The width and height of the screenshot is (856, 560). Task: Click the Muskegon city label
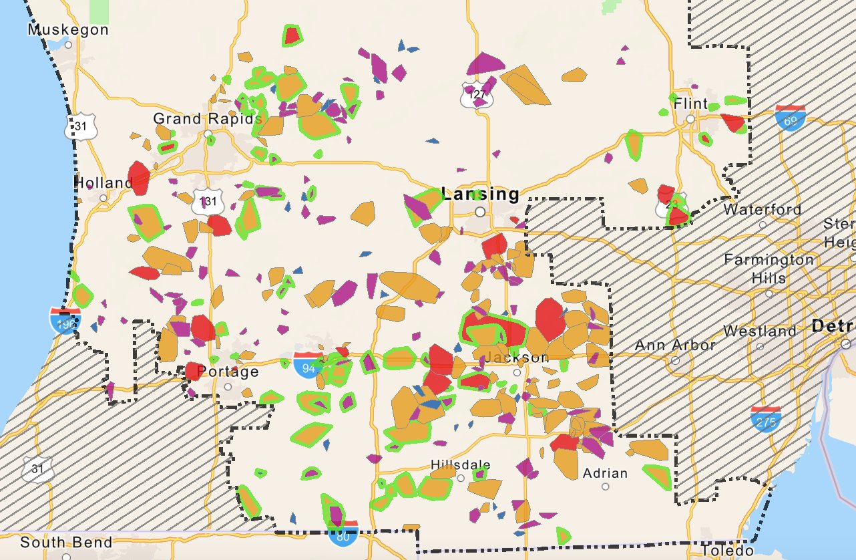point(68,30)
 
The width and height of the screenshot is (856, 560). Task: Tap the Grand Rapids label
point(207,119)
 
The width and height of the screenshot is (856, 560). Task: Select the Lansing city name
point(479,194)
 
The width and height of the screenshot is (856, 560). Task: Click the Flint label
point(690,104)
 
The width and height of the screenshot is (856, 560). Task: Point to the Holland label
point(103,182)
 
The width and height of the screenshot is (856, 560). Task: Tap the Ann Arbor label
point(675,345)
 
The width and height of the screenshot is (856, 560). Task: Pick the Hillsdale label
point(461,465)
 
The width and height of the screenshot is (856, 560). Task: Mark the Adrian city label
point(605,473)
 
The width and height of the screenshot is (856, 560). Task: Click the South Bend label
point(66,542)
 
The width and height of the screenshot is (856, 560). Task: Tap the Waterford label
point(763,209)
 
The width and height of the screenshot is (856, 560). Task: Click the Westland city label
point(760,331)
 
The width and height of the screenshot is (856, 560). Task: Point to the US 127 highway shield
point(477,95)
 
